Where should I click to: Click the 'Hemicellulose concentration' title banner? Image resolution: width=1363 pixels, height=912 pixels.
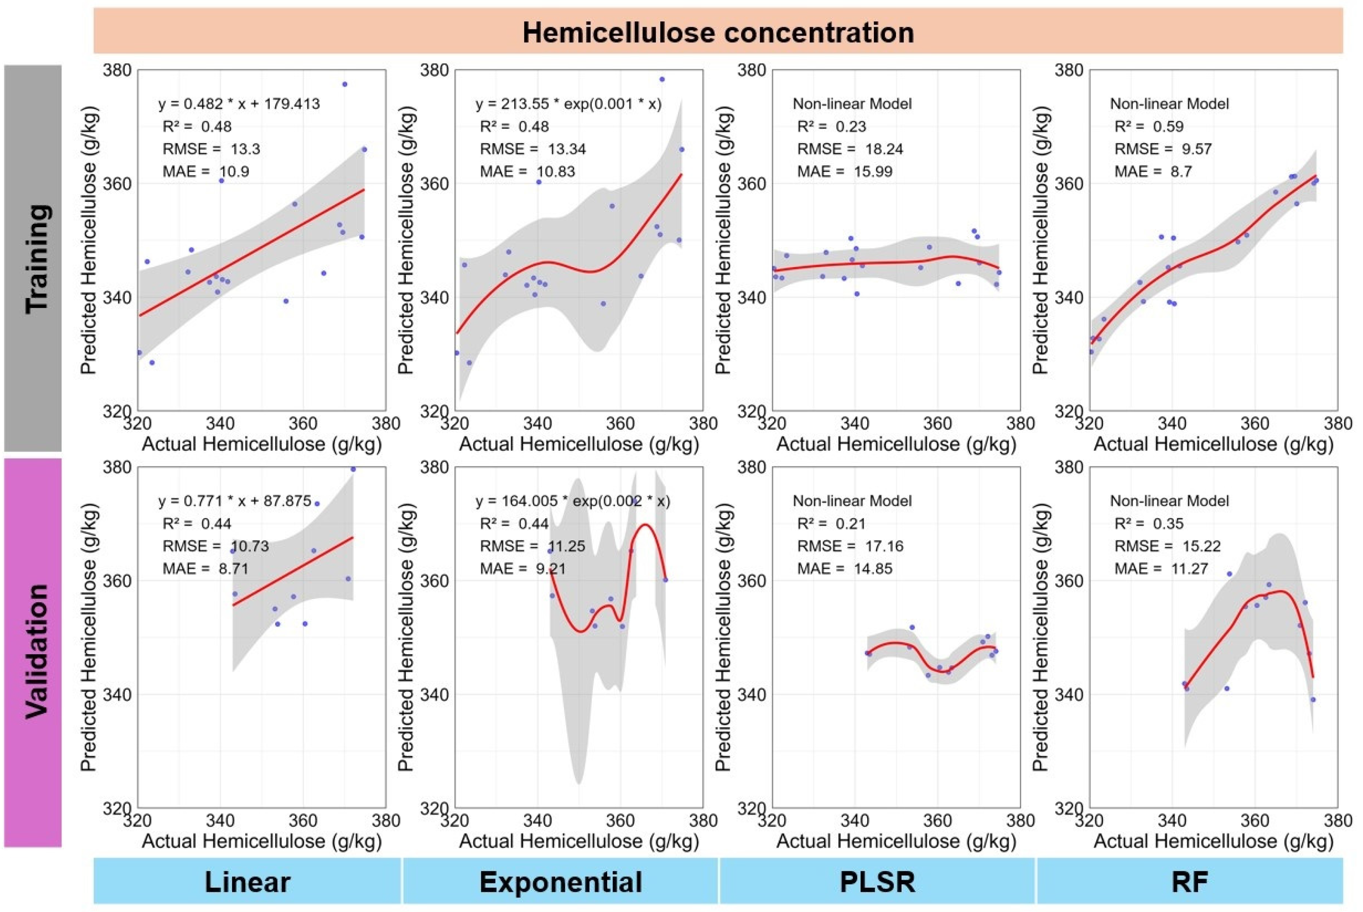pos(718,32)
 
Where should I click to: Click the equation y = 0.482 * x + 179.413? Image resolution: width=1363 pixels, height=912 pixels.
pos(239,104)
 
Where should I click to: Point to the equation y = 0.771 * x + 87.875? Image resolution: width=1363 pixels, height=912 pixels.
pos(234,501)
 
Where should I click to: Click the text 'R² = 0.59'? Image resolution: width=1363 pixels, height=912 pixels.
pos(1148,127)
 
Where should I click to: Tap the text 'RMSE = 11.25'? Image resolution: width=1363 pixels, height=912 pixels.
pos(532,546)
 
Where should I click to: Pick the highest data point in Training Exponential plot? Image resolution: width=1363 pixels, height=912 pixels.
pos(662,79)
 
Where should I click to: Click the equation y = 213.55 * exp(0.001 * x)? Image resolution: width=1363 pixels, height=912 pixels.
pos(568,104)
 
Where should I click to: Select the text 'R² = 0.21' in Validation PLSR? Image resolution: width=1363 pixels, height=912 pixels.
pos(831,524)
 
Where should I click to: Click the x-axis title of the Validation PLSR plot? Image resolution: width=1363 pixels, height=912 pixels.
pos(896,841)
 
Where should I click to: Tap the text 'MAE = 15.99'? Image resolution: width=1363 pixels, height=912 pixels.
pos(844,172)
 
